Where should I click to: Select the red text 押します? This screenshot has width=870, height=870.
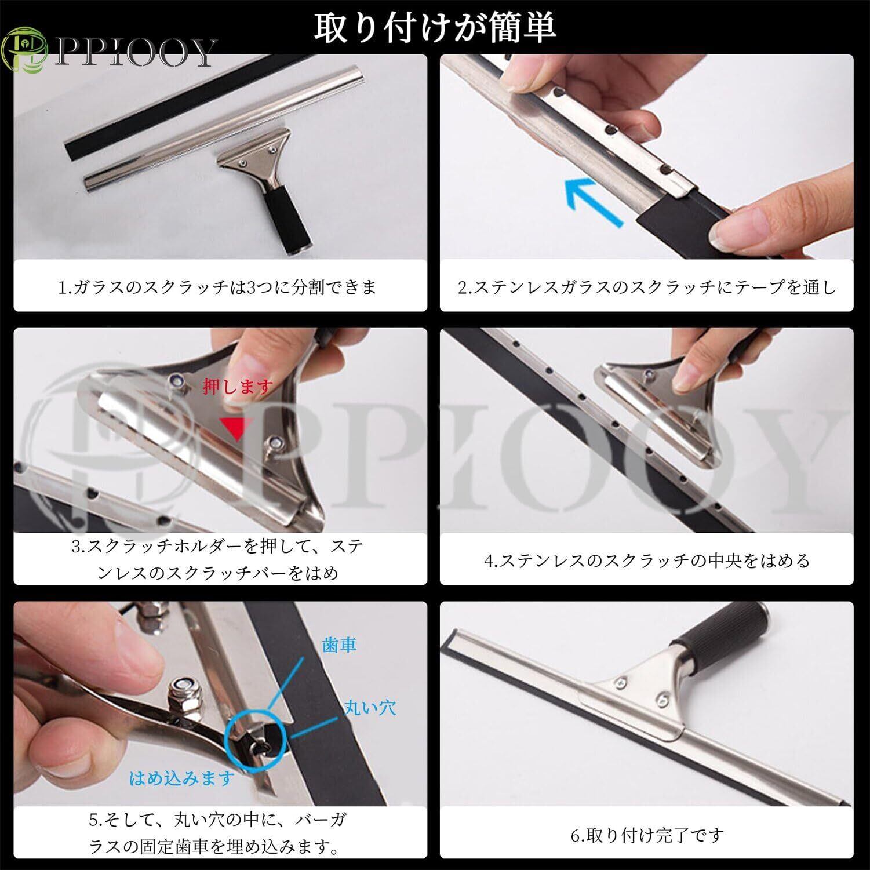[x=238, y=387]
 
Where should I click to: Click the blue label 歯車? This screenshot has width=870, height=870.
[x=338, y=645]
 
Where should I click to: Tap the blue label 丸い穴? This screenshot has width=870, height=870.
[x=369, y=707]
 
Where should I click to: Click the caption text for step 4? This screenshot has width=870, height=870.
[x=647, y=560]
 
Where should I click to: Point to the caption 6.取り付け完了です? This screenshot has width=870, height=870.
[x=647, y=835]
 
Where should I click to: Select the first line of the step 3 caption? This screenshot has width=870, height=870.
[x=218, y=547]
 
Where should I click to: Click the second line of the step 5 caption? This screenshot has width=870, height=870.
[x=214, y=848]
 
